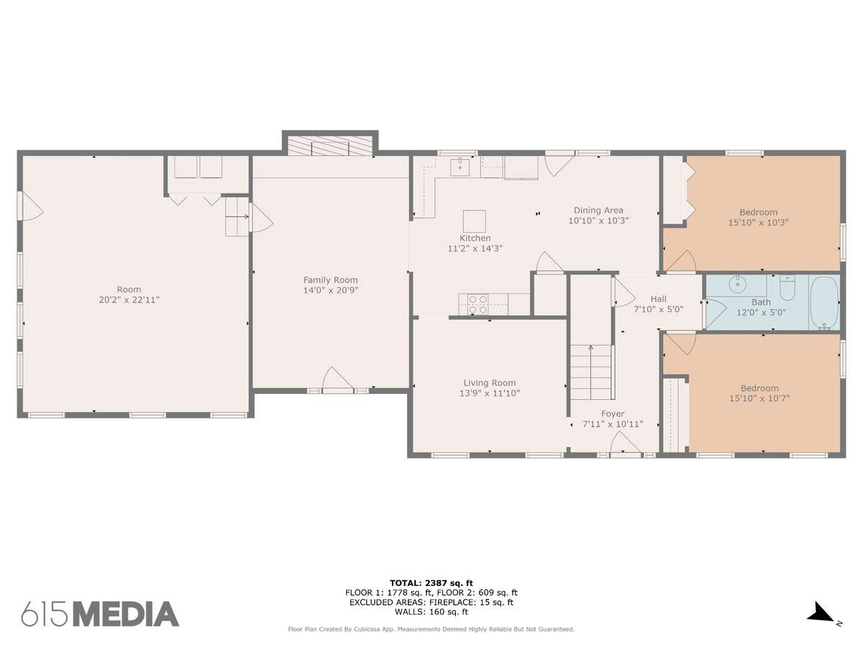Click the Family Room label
[x=330, y=280]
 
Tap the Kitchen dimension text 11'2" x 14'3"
[x=475, y=248]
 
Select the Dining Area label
[x=598, y=210]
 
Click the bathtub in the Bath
[x=823, y=302]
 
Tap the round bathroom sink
[x=737, y=284]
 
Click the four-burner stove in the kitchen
[x=478, y=304]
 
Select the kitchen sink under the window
[x=460, y=167]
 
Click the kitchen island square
[x=474, y=221]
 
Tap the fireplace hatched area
[x=330, y=146]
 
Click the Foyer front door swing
[x=625, y=444]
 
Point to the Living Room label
[x=490, y=382]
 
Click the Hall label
[x=658, y=299]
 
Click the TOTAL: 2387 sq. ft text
[x=431, y=583]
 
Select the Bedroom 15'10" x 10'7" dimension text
[x=759, y=398]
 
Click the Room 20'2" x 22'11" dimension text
[x=129, y=300]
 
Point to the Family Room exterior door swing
[x=337, y=379]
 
